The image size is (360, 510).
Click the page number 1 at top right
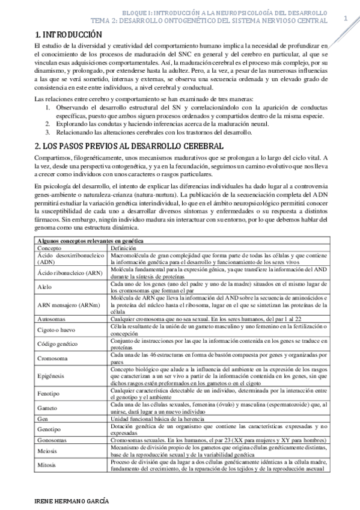click(346, 19)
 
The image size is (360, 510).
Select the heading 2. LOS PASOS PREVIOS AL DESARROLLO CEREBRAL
click(128, 146)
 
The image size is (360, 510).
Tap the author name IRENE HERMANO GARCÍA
click(72, 500)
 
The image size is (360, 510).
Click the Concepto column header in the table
click(49, 247)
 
